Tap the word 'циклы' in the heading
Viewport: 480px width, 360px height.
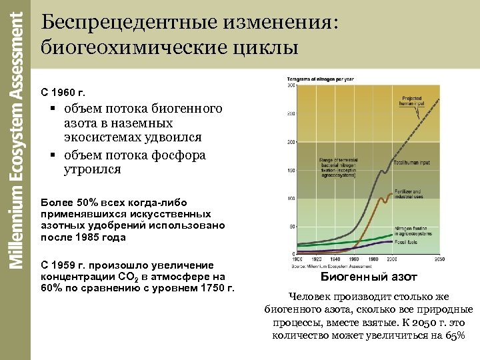[x=263, y=47]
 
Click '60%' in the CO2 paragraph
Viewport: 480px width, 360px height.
[x=52, y=288]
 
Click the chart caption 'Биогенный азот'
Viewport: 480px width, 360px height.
[x=369, y=277]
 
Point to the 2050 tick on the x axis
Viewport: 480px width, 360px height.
[x=439, y=259]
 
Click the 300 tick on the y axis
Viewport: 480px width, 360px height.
[x=291, y=85]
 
